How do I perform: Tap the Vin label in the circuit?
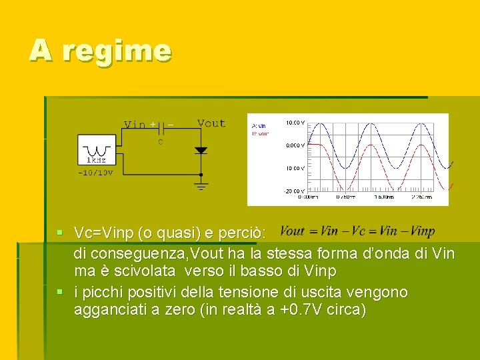tap(135, 125)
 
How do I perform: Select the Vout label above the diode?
tap(211, 123)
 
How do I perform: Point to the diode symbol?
tap(201, 151)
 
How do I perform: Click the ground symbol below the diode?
tap(201, 185)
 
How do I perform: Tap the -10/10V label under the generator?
tap(95, 173)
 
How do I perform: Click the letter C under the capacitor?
tap(161, 141)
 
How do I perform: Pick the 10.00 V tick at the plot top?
tap(295, 123)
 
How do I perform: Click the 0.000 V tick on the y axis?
tap(295, 145)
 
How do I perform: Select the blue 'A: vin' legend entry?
tap(259, 126)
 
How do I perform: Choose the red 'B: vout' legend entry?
tap(260, 133)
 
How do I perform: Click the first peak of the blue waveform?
tap(322, 125)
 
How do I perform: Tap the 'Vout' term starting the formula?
tap(292, 232)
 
